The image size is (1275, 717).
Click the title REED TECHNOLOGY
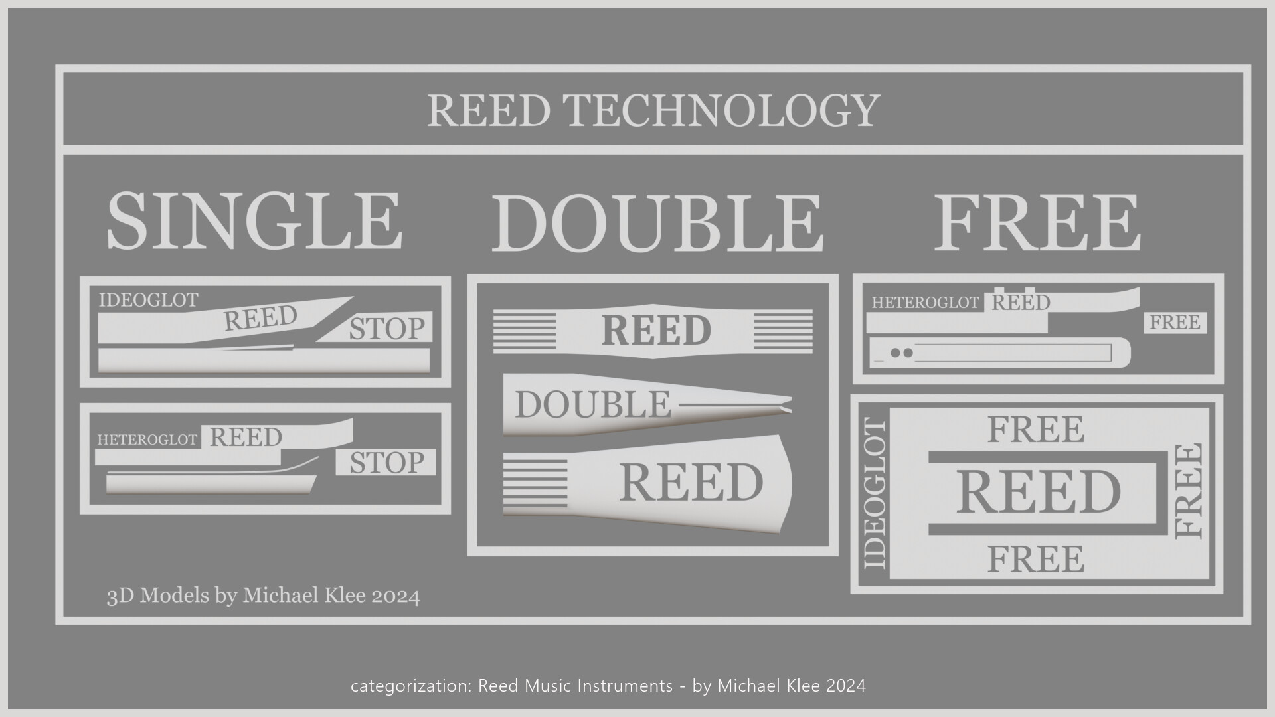coord(653,110)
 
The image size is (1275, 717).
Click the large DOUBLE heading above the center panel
coord(657,224)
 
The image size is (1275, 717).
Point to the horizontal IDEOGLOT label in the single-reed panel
coord(148,301)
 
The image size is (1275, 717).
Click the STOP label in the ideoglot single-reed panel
coord(386,329)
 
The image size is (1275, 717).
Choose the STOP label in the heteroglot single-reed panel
coord(386,463)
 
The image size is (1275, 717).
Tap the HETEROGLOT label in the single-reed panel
coord(147,439)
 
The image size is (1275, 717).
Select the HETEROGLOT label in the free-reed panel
coord(925,303)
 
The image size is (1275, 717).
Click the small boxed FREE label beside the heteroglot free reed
coord(1175,323)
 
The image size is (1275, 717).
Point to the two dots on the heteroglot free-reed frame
coord(901,353)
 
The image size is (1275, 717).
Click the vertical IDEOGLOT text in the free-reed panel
coord(875,493)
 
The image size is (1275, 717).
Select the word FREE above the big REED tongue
coord(1035,430)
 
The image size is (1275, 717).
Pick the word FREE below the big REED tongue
coord(1035,559)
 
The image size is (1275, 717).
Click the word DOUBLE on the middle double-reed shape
coord(592,405)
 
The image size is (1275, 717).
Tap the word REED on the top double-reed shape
coord(655,331)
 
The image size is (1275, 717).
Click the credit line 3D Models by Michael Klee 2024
coord(263,596)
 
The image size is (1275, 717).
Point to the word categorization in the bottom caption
coord(410,686)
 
